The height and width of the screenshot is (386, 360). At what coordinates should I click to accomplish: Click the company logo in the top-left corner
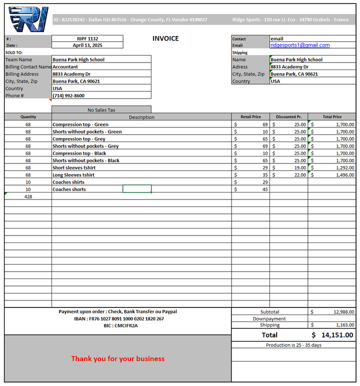click(x=28, y=19)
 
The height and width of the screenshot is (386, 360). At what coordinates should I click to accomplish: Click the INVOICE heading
click(x=165, y=38)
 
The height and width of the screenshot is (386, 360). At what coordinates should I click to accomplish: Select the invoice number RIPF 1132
click(x=87, y=38)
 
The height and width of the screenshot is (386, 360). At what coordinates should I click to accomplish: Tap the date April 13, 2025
click(x=87, y=45)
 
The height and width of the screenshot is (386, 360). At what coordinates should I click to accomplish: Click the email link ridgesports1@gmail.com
click(x=300, y=45)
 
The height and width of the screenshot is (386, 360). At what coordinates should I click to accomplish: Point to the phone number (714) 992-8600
click(x=68, y=95)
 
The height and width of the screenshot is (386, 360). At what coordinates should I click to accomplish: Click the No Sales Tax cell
click(x=101, y=110)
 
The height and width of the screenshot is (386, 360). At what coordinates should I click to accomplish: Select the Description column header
click(x=141, y=117)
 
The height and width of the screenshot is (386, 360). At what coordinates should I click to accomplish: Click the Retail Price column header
click(x=250, y=117)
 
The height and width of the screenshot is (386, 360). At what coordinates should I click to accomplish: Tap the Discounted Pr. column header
click(x=288, y=117)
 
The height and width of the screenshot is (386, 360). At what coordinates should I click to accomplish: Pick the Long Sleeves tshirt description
click(x=73, y=175)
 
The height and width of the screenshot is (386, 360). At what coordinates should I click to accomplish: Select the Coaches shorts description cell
click(x=69, y=189)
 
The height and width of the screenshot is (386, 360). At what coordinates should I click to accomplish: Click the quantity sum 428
click(x=28, y=197)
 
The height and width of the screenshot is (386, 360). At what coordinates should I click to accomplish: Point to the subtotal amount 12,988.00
click(x=343, y=312)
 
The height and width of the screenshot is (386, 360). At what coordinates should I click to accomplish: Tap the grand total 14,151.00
click(x=337, y=335)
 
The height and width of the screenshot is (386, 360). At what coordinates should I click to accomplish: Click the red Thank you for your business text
click(x=117, y=358)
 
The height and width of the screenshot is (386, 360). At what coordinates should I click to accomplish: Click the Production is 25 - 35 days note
click(x=293, y=345)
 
